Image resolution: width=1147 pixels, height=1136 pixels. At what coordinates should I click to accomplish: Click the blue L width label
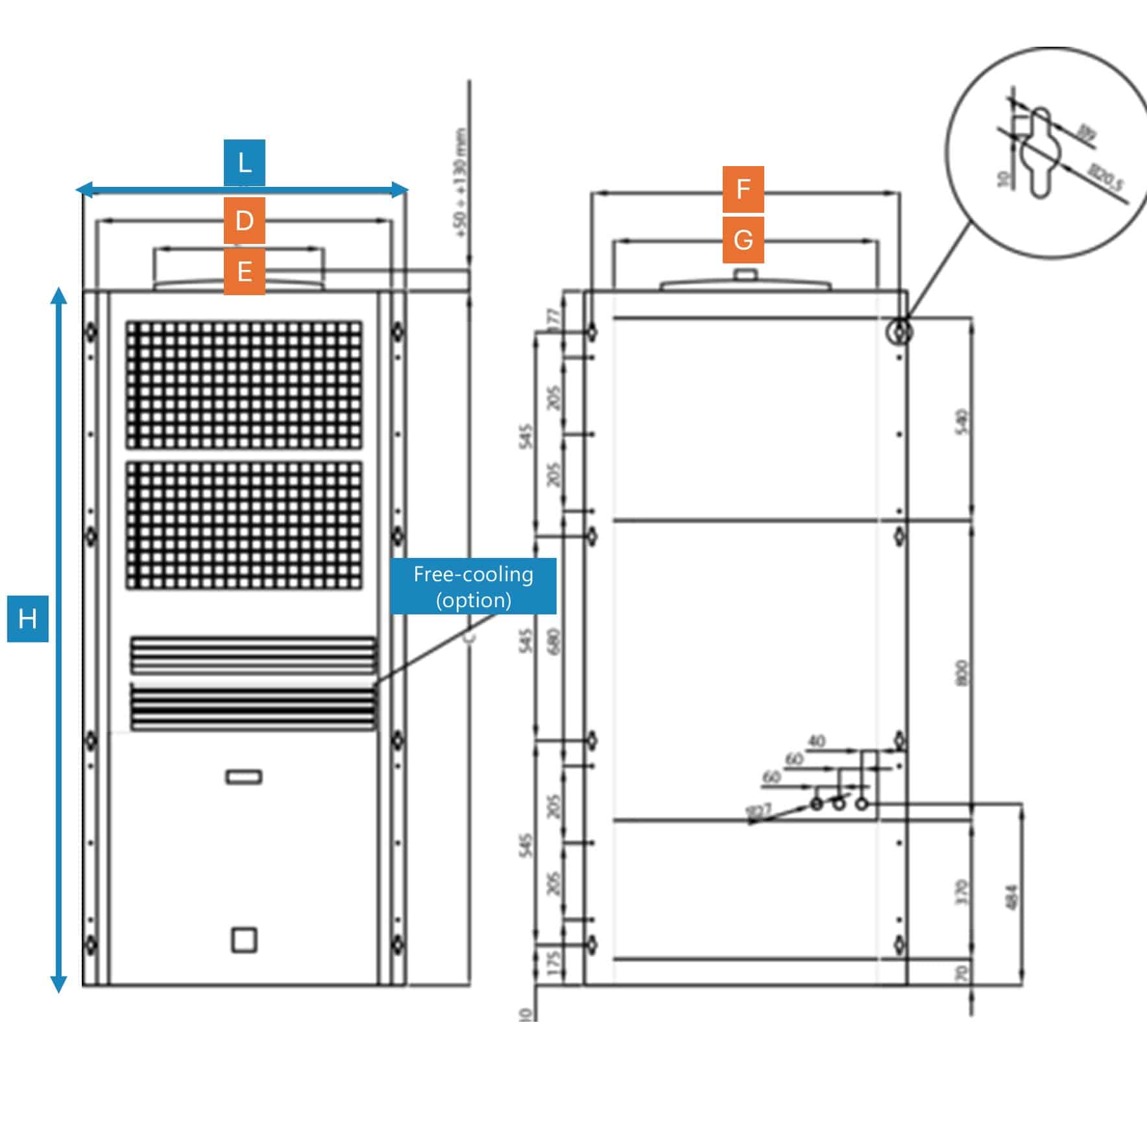[x=245, y=162]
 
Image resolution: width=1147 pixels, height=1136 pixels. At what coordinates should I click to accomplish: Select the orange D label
[x=245, y=221]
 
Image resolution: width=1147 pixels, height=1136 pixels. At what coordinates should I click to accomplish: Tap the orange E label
[x=245, y=271]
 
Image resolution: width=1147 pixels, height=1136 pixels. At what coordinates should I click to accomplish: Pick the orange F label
[x=743, y=189]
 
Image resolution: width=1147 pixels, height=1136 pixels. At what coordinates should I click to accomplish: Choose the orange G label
[x=743, y=240]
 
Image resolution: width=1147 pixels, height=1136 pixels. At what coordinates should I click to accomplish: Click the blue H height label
[x=27, y=619]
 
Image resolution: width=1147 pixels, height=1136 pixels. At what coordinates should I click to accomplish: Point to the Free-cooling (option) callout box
[x=473, y=586]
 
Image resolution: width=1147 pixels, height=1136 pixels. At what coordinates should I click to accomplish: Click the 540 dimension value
[x=963, y=421]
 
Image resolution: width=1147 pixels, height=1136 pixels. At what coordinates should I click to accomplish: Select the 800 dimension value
[x=963, y=672]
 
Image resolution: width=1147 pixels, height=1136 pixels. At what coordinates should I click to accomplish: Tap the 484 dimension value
[x=1013, y=896]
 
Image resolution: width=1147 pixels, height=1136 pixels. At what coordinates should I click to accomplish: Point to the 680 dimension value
[x=553, y=642]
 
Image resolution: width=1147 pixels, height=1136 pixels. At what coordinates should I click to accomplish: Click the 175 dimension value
[x=553, y=961]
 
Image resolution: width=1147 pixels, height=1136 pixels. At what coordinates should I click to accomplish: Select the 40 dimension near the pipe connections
[x=817, y=741]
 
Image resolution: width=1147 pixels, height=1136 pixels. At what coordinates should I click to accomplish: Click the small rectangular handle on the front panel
[x=244, y=777]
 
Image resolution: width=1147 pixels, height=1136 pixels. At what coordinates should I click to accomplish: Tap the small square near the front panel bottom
[x=244, y=940]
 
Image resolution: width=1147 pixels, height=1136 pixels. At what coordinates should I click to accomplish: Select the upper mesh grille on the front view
[x=244, y=384]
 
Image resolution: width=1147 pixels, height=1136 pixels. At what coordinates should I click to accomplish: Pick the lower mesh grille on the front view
[x=244, y=525]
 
